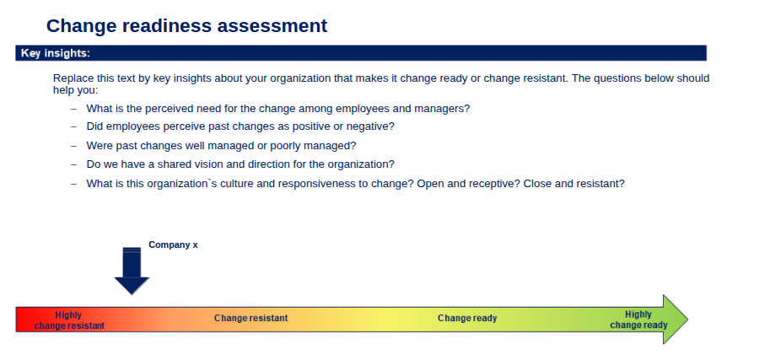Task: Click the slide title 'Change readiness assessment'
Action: pos(186,25)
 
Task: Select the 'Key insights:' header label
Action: pos(56,53)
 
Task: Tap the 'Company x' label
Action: pos(173,244)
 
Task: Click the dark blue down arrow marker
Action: pos(132,271)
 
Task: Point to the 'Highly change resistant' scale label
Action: pos(69,320)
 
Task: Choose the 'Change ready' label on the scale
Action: pos(467,318)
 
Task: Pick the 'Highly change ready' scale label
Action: pos(638,320)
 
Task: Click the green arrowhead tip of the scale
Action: pos(687,320)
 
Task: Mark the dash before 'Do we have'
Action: pos(73,164)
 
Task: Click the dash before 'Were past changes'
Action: pos(73,146)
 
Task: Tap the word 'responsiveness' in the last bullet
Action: pos(310,184)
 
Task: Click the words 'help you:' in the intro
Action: pos(76,90)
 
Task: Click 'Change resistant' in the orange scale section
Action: pos(251,318)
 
